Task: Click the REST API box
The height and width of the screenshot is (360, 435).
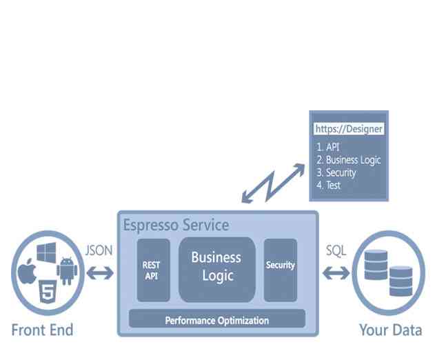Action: pos(153,270)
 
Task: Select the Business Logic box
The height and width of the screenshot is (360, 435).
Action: pos(216,267)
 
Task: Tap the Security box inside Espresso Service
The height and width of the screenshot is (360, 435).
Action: pos(281,266)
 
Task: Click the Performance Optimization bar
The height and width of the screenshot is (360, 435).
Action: pos(217,320)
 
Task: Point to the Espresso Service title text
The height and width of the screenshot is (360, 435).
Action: pos(176,226)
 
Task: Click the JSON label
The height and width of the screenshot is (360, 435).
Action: pos(99,250)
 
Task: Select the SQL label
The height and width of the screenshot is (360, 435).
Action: pos(336,250)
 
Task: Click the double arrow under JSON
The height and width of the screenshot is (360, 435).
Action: pos(99,274)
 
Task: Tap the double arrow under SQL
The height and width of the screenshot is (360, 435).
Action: pos(336,274)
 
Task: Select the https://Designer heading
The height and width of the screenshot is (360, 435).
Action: pos(348,129)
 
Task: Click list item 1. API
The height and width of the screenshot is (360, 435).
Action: pos(329,147)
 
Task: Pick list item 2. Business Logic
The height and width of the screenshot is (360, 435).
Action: pos(348,160)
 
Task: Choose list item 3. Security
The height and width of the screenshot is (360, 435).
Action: pos(336,173)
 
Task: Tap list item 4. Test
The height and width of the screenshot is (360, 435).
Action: pos(329,186)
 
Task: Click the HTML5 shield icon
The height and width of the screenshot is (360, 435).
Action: pos(47,291)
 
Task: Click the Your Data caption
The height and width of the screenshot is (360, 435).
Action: pos(390,330)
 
